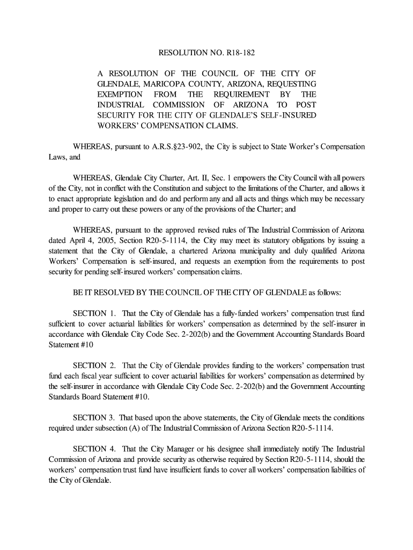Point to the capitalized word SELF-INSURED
coord(290,115)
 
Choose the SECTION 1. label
coord(95,314)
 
